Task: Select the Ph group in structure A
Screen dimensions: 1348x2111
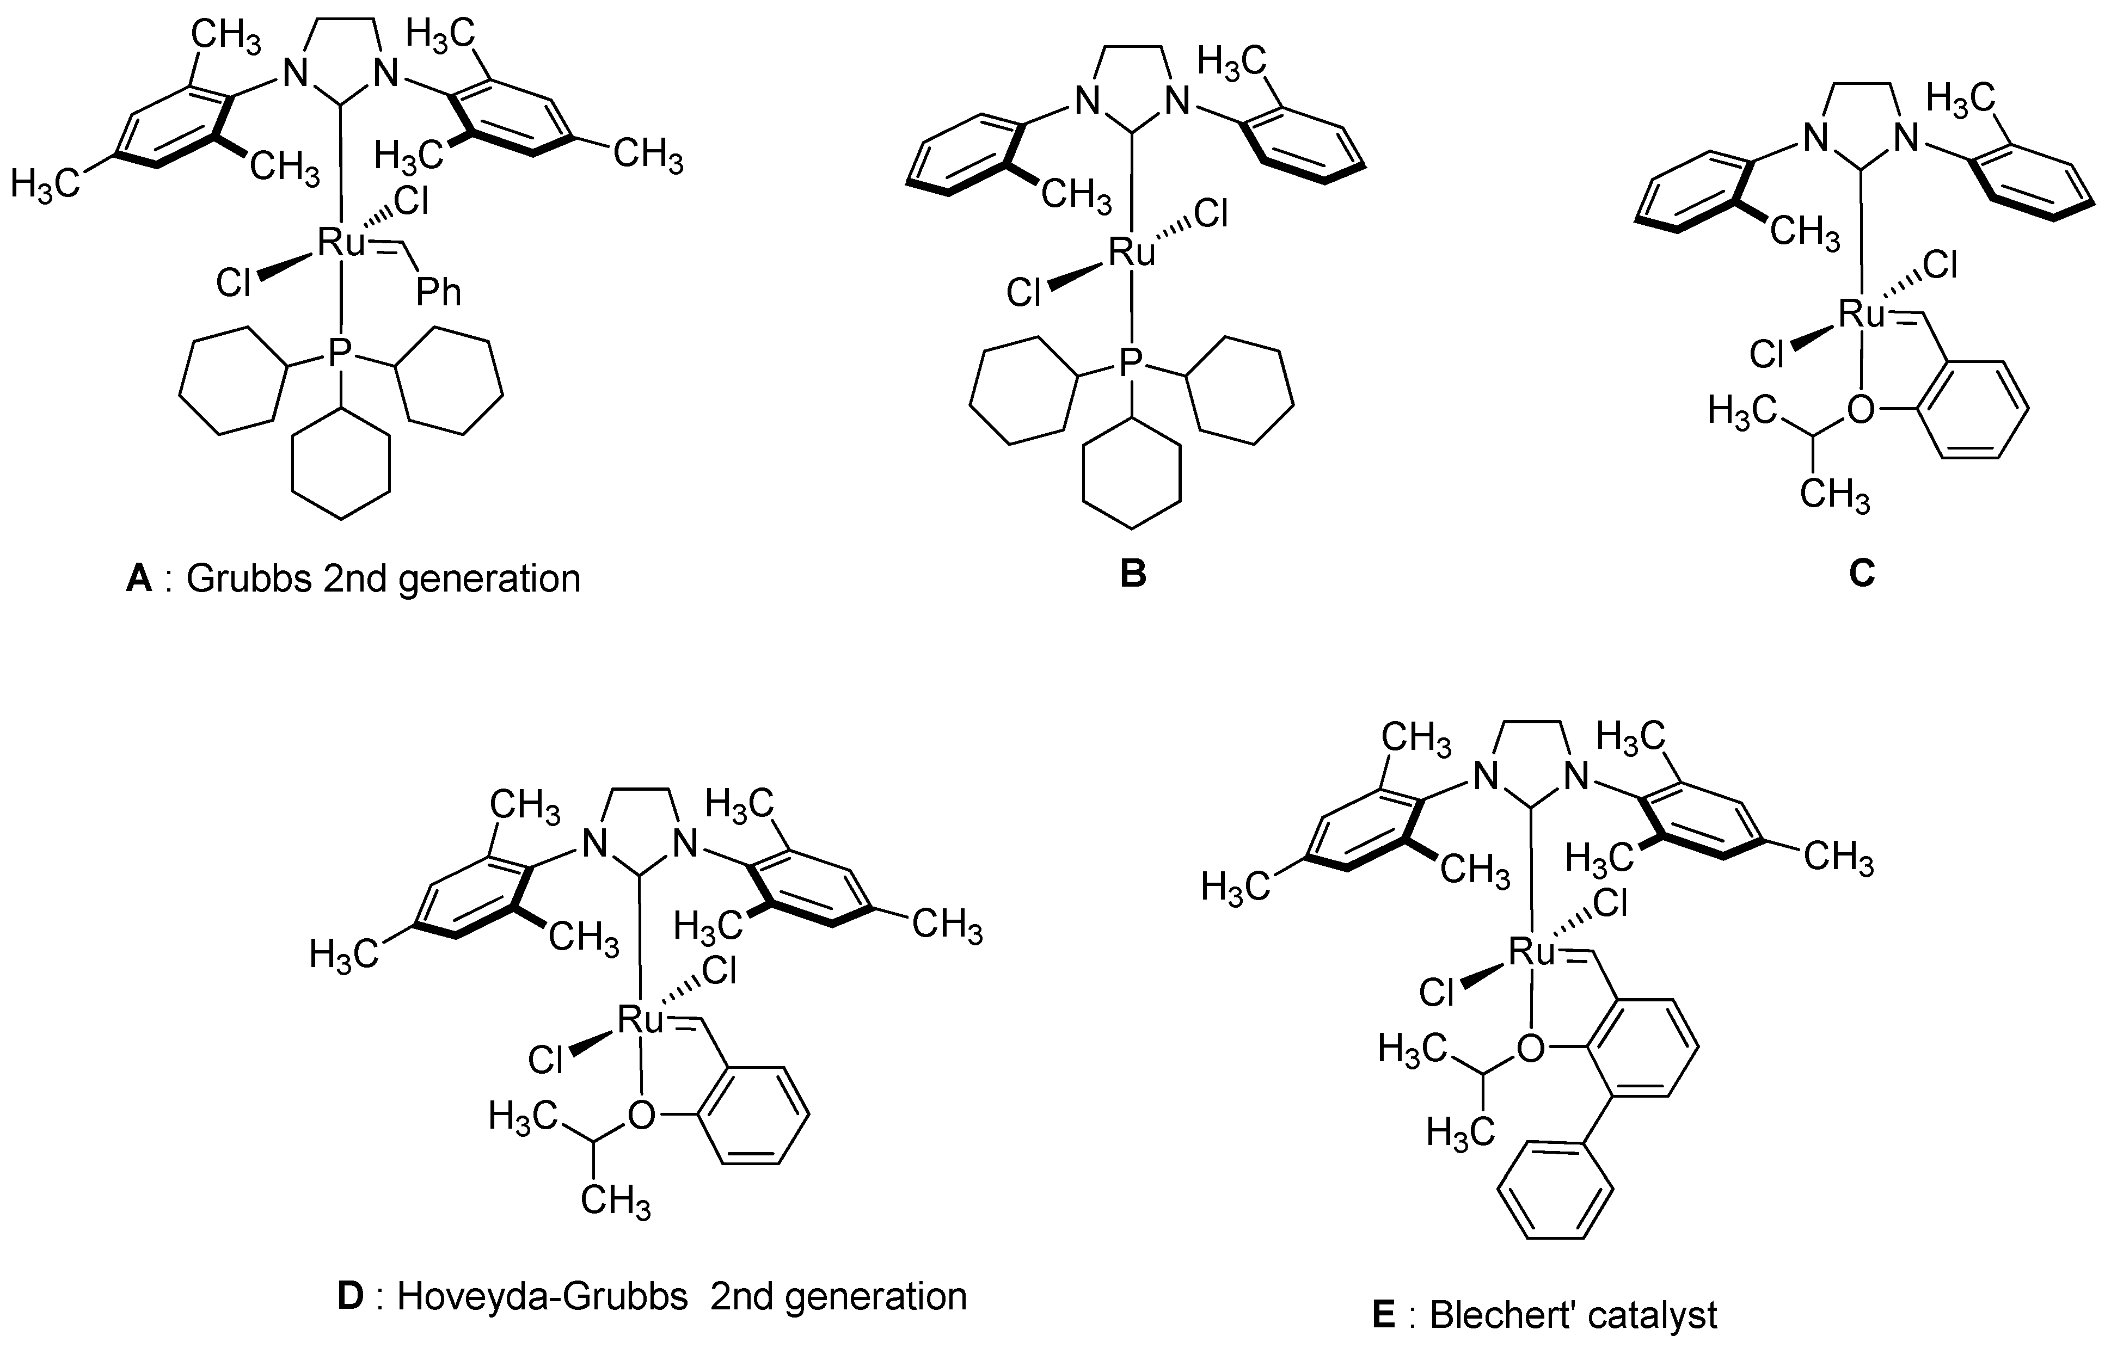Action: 438,292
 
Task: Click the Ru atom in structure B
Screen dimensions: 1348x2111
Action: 1132,253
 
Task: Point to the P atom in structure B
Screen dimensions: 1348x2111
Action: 1132,364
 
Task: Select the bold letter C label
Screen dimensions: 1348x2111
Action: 1861,573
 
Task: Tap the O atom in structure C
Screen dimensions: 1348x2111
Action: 1860,409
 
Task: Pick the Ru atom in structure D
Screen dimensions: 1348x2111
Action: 641,1019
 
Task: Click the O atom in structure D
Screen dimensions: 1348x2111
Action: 642,1115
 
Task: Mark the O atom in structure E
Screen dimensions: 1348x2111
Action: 1531,1048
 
